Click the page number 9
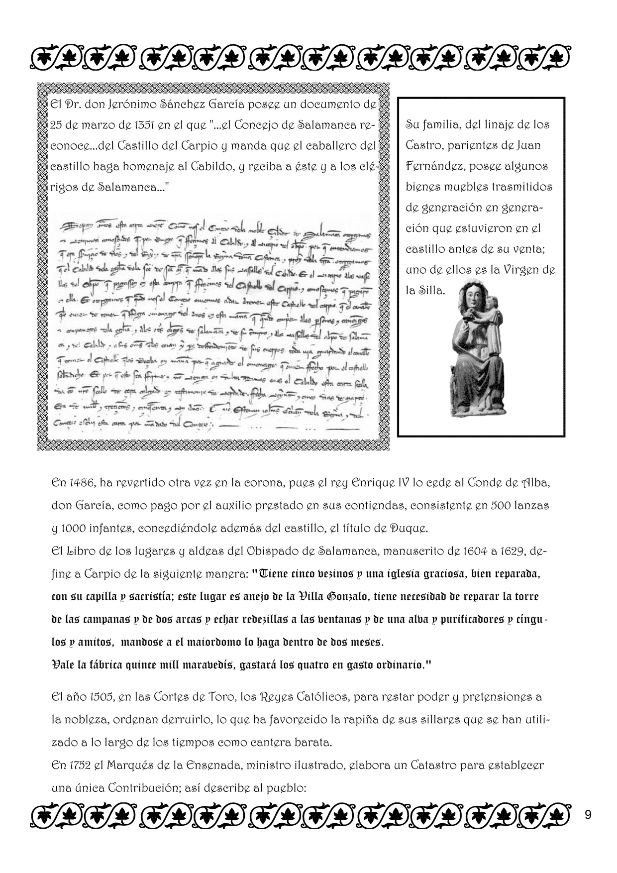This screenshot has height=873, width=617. coord(588,815)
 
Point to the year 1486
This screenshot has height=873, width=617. coord(81,483)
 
